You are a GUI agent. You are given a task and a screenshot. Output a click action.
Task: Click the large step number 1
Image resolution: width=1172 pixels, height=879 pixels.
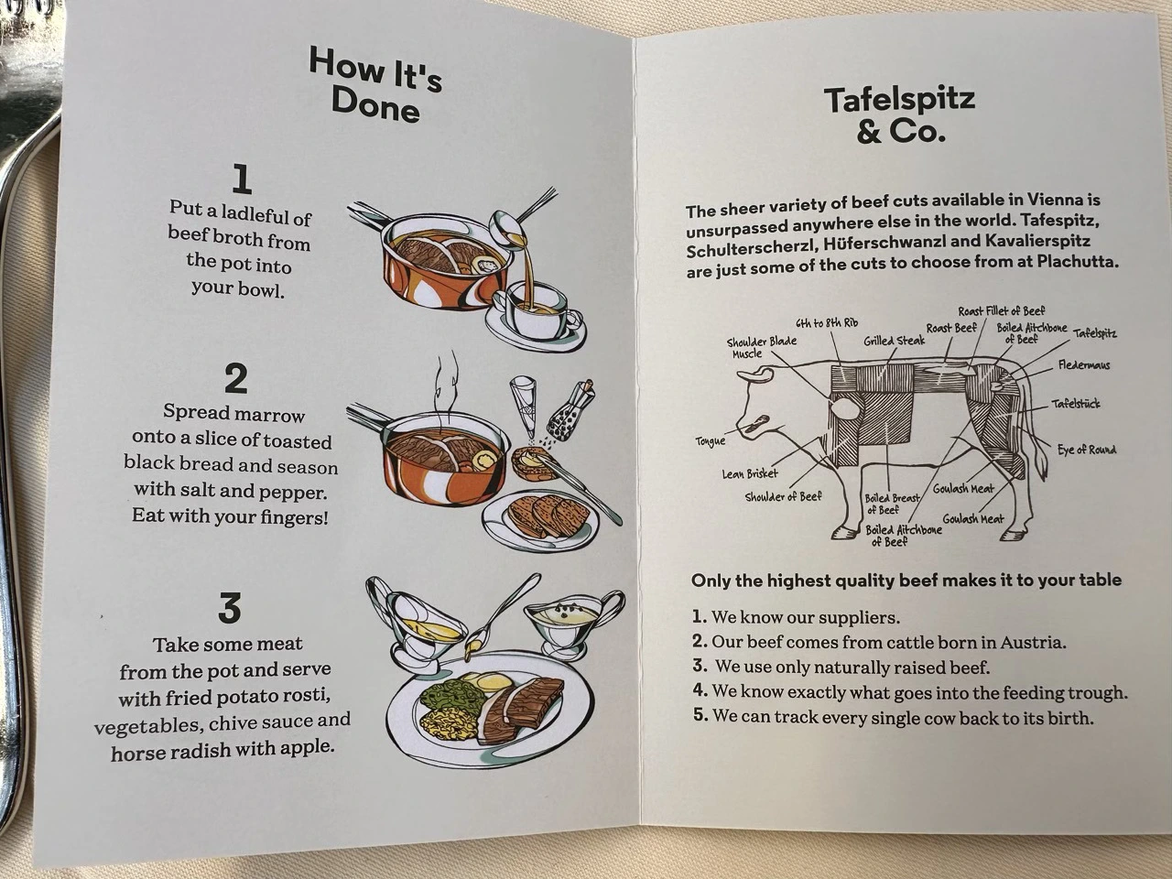[x=243, y=179]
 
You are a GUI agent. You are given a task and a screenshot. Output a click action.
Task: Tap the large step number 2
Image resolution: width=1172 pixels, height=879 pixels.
[x=236, y=378]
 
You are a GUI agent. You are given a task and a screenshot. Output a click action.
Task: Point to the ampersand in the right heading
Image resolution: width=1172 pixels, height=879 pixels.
[x=869, y=130]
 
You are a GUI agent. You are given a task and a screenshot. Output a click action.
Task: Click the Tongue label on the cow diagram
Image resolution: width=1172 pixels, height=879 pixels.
[x=711, y=440]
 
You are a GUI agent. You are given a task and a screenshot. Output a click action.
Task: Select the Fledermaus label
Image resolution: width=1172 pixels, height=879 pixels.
[x=1084, y=365]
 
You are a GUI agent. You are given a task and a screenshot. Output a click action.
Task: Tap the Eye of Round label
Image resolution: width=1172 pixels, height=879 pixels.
[x=1087, y=450]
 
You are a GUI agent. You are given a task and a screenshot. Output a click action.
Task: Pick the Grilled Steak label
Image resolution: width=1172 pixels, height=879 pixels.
[x=895, y=340]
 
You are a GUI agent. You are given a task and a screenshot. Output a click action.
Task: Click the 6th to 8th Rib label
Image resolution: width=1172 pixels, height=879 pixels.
[x=827, y=323]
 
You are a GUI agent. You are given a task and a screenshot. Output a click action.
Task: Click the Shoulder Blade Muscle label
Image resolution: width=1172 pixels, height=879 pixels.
[x=761, y=347]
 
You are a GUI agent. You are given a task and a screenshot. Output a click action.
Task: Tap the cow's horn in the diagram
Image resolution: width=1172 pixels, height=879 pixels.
[x=754, y=374]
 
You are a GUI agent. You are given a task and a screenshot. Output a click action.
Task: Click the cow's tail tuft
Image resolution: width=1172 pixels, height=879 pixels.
[x=1042, y=460]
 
